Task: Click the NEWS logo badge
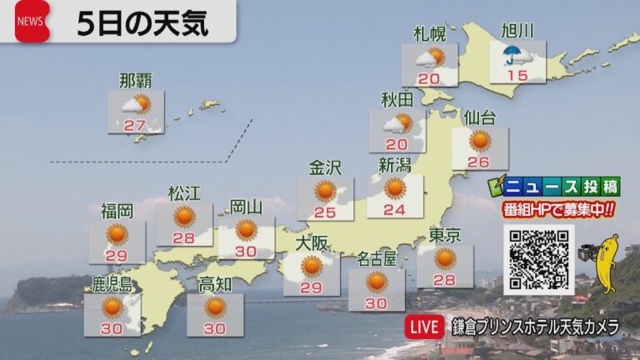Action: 32,22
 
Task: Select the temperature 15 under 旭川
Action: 517,76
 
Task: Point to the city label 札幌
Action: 429,33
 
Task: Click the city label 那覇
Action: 135,81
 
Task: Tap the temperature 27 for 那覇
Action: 135,125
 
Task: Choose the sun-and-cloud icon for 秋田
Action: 397,123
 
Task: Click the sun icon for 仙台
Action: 479,140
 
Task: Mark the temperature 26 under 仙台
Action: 478,162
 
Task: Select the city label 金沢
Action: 325,167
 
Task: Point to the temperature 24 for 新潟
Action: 394,209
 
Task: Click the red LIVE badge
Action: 423,327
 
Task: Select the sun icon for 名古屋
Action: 376,281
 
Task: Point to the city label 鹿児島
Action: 112,283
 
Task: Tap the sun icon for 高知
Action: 215,307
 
